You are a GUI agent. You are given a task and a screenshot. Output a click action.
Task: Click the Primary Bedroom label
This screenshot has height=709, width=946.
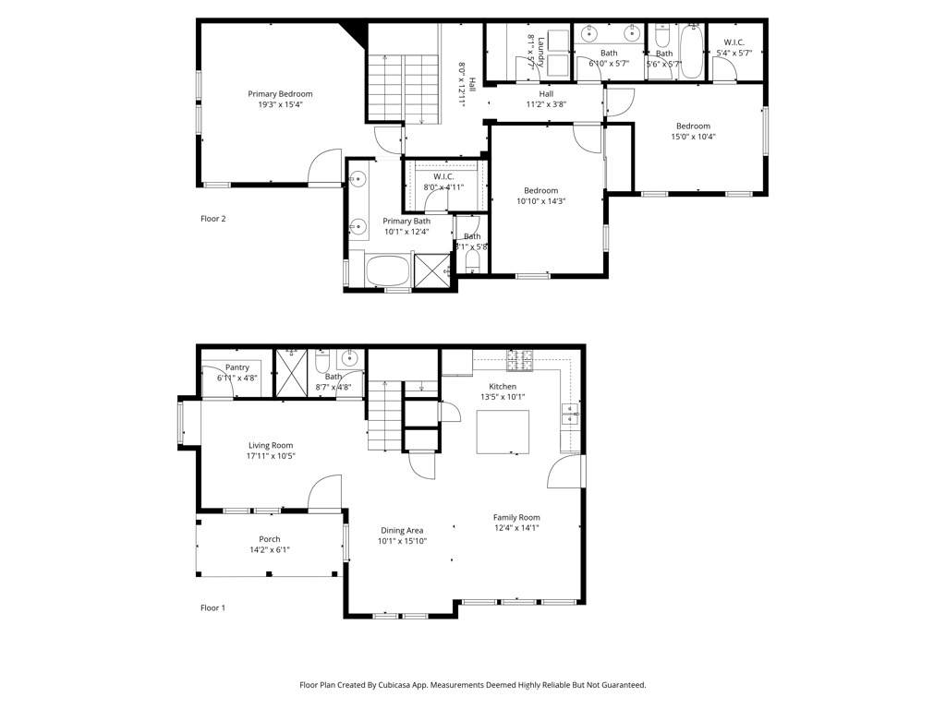[280, 93]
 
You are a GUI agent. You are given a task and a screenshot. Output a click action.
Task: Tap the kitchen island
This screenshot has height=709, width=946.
[503, 431]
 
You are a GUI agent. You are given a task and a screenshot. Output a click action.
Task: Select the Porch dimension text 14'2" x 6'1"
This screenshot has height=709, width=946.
[269, 550]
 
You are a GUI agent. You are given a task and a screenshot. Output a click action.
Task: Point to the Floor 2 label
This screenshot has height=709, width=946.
[213, 219]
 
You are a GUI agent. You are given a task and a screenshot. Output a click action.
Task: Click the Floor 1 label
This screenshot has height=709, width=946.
[213, 607]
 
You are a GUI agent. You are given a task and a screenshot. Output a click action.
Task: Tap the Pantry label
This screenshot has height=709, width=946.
[237, 367]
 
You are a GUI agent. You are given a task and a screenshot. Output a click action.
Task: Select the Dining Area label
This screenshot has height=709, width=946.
[402, 530]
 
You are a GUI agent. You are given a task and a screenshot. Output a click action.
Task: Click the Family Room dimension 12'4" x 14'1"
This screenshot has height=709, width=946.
[516, 528]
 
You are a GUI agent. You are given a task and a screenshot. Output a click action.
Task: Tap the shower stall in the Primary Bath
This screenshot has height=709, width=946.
[431, 271]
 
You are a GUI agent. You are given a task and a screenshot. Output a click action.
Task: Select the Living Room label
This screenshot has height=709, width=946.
[270, 445]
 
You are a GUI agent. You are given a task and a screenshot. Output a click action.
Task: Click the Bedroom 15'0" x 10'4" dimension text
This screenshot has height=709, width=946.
[693, 137]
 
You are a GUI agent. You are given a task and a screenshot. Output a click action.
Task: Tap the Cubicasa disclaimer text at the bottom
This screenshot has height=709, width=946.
[472, 685]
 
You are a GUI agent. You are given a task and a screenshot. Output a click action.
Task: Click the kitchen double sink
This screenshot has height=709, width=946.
[570, 414]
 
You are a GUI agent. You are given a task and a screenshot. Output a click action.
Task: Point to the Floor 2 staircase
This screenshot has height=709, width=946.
[403, 87]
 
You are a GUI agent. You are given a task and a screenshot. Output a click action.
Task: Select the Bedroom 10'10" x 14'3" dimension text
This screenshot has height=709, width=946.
[540, 201]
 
